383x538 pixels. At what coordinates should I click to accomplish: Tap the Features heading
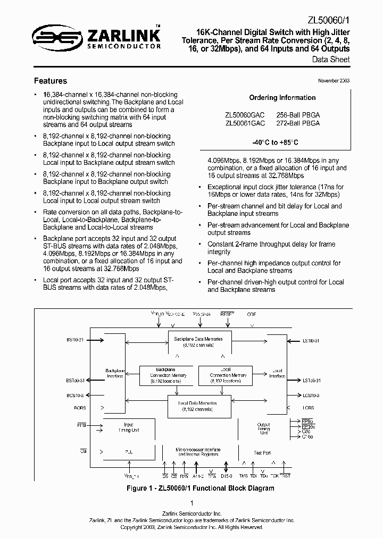(x=51, y=81)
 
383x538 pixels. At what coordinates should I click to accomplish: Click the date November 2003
(x=334, y=80)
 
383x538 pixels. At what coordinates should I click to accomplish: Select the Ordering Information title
(x=282, y=98)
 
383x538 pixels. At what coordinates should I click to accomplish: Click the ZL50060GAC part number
(x=244, y=114)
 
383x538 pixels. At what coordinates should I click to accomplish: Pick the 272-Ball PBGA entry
(x=298, y=123)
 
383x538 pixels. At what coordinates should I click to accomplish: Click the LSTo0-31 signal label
(x=311, y=381)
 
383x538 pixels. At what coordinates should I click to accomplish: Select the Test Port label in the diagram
(x=262, y=452)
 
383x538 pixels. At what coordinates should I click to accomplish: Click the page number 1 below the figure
(x=191, y=503)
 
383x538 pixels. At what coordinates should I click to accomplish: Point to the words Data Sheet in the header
(x=331, y=60)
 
